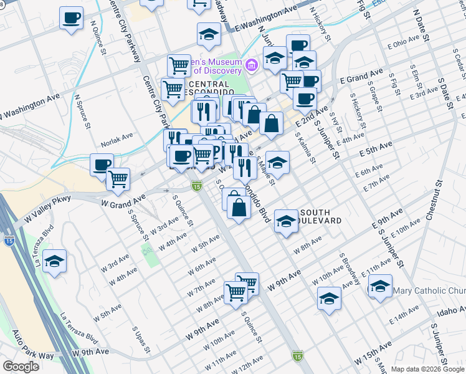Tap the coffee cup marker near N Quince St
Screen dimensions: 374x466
(x=72, y=17)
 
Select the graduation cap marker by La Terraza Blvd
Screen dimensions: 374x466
(x=55, y=262)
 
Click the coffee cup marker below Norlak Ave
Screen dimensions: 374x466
(x=102, y=165)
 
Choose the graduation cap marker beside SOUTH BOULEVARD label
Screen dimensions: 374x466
(x=286, y=221)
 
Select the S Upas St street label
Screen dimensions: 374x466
(x=138, y=336)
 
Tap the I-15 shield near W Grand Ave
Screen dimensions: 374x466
(x=196, y=186)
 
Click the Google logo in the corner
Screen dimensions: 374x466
(x=21, y=367)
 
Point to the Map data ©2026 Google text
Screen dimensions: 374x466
(x=427, y=369)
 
